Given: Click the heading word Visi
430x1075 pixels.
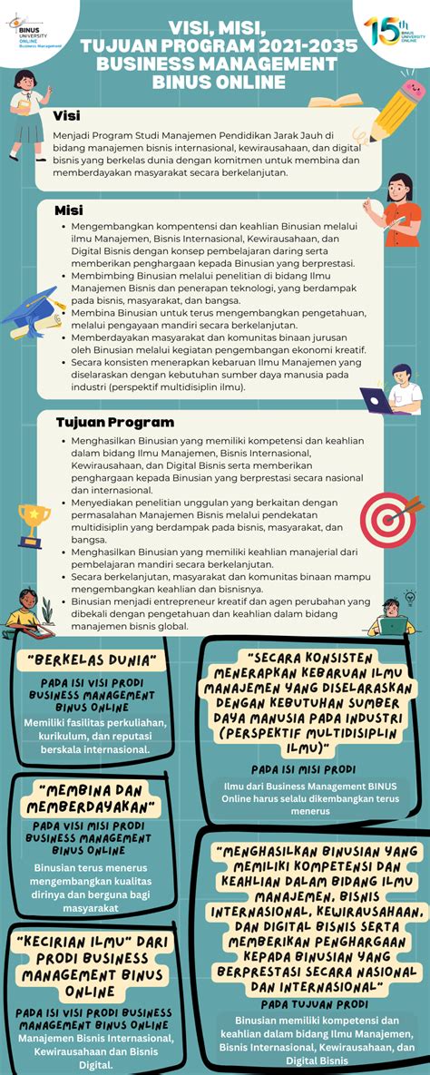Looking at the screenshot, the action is (x=66, y=115).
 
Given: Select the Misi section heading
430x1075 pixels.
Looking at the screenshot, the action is (x=68, y=210).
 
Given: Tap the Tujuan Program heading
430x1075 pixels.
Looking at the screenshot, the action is (x=114, y=422).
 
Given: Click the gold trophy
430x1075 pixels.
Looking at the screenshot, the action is (x=34, y=523).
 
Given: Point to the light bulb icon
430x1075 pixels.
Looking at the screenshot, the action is (x=410, y=597).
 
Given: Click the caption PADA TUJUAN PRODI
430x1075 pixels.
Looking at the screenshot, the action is (x=316, y=1004).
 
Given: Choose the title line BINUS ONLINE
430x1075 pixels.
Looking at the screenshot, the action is (x=215, y=83).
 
